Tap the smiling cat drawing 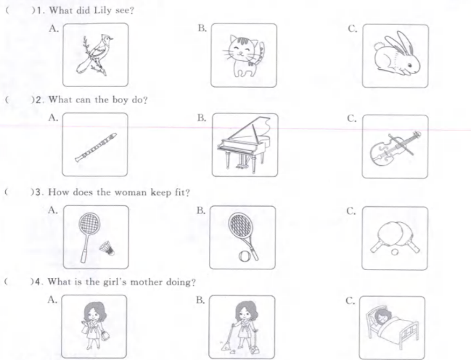click(244, 56)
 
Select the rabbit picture click(396, 54)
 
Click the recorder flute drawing click(96, 147)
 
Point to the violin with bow click(395, 148)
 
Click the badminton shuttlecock click(107, 248)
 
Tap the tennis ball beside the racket click(243, 256)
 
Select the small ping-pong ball click(395, 252)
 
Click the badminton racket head click(89, 224)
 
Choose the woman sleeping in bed click(391, 327)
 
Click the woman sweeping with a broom click(242, 327)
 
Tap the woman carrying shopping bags click(94, 325)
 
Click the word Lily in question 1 click(103, 10)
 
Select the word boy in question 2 click(120, 99)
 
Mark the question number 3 click(38, 192)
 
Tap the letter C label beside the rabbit click(353, 29)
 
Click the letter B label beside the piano click(202, 118)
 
